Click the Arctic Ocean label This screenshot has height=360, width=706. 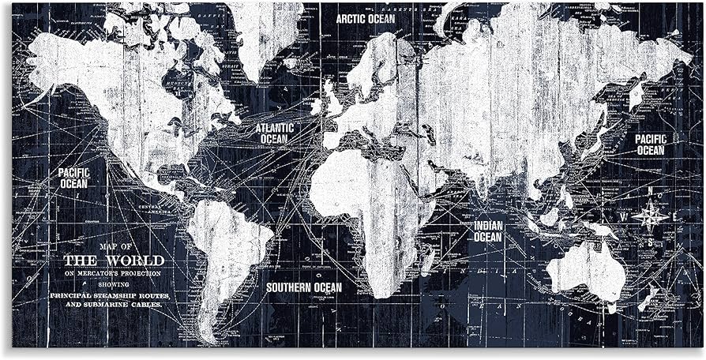pyautogui.click(x=365, y=18)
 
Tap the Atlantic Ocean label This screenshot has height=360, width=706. pyautogui.click(x=274, y=133)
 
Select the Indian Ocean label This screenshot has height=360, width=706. pyautogui.click(x=488, y=231)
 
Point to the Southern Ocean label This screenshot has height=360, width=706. pyautogui.click(x=303, y=287)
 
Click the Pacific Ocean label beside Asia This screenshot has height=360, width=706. pyautogui.click(x=650, y=144)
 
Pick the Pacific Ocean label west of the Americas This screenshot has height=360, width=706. pyautogui.click(x=73, y=178)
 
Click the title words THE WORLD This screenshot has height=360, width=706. pyautogui.click(x=114, y=261)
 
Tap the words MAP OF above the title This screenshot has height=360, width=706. pyautogui.click(x=113, y=247)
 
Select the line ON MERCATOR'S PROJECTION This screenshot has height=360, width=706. pyautogui.click(x=113, y=273)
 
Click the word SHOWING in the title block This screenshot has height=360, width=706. pyautogui.click(x=113, y=283)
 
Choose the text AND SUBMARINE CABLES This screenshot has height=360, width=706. pyautogui.click(x=115, y=304)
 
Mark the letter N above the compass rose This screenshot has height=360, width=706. pyautogui.click(x=651, y=191)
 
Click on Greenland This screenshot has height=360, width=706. pyautogui.click(x=265, y=36)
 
